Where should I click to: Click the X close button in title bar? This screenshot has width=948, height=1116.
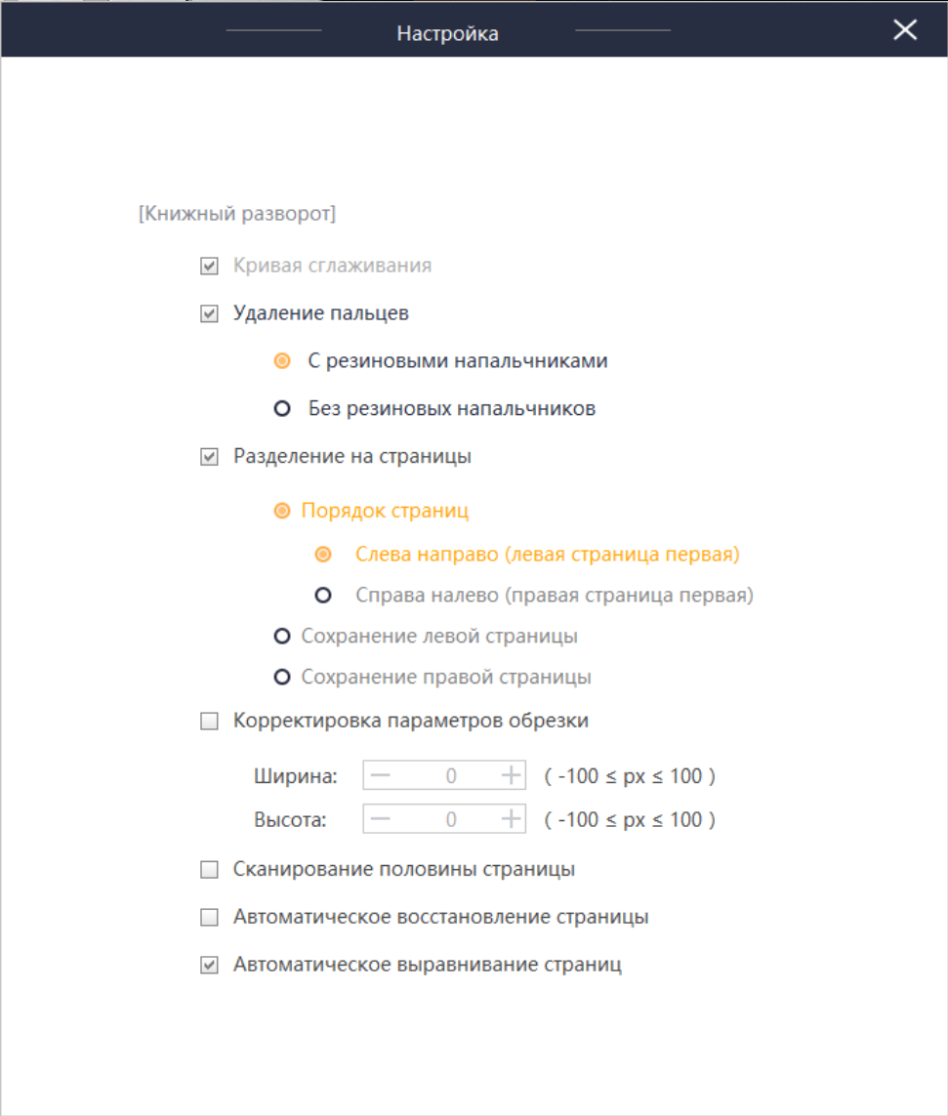point(905,30)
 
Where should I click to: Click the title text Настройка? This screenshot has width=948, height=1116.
point(447,33)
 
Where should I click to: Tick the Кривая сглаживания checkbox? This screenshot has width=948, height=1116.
point(209,266)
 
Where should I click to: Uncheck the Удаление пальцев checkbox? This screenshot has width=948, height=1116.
point(209,314)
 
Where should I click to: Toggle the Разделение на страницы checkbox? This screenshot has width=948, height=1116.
point(209,457)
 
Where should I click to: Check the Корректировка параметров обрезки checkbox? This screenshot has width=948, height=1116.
point(209,723)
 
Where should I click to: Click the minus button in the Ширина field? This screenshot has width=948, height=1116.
point(381,776)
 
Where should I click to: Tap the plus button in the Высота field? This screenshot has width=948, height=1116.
point(511,819)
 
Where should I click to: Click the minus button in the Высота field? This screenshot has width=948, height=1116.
point(381,819)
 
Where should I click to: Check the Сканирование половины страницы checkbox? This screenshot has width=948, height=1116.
point(209,870)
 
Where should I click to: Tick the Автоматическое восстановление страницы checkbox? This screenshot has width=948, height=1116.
point(209,918)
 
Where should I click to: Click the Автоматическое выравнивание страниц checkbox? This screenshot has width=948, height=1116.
point(209,966)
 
